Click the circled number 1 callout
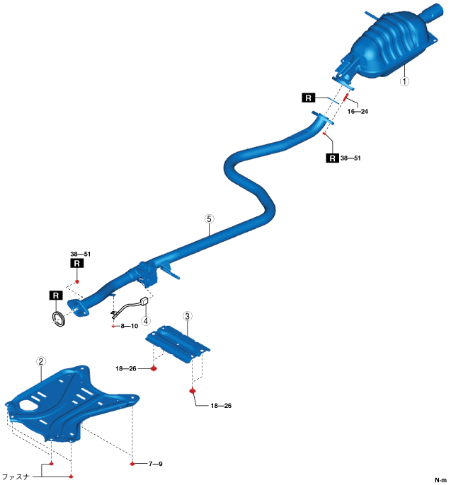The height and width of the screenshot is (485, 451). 404,81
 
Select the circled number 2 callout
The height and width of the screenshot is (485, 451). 41,361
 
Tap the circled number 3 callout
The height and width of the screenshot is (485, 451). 187,315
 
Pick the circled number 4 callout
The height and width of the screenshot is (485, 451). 146,320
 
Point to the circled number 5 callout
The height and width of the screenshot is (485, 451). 209,219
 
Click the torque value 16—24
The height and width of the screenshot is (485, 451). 358,111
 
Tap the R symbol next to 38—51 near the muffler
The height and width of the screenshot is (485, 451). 331,158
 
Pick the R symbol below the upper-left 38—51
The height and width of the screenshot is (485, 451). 76,264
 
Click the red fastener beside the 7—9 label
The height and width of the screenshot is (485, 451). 132,464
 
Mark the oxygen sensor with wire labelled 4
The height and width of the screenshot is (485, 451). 131,308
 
